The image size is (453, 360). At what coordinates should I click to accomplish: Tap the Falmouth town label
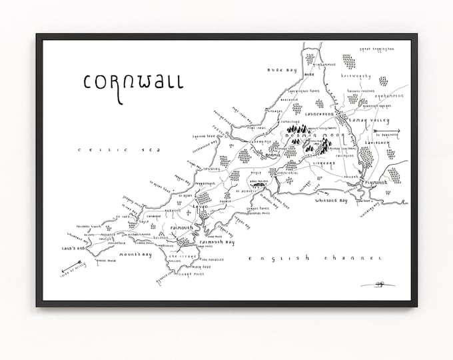coord(181,228)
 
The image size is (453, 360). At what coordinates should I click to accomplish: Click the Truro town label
coord(201,207)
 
